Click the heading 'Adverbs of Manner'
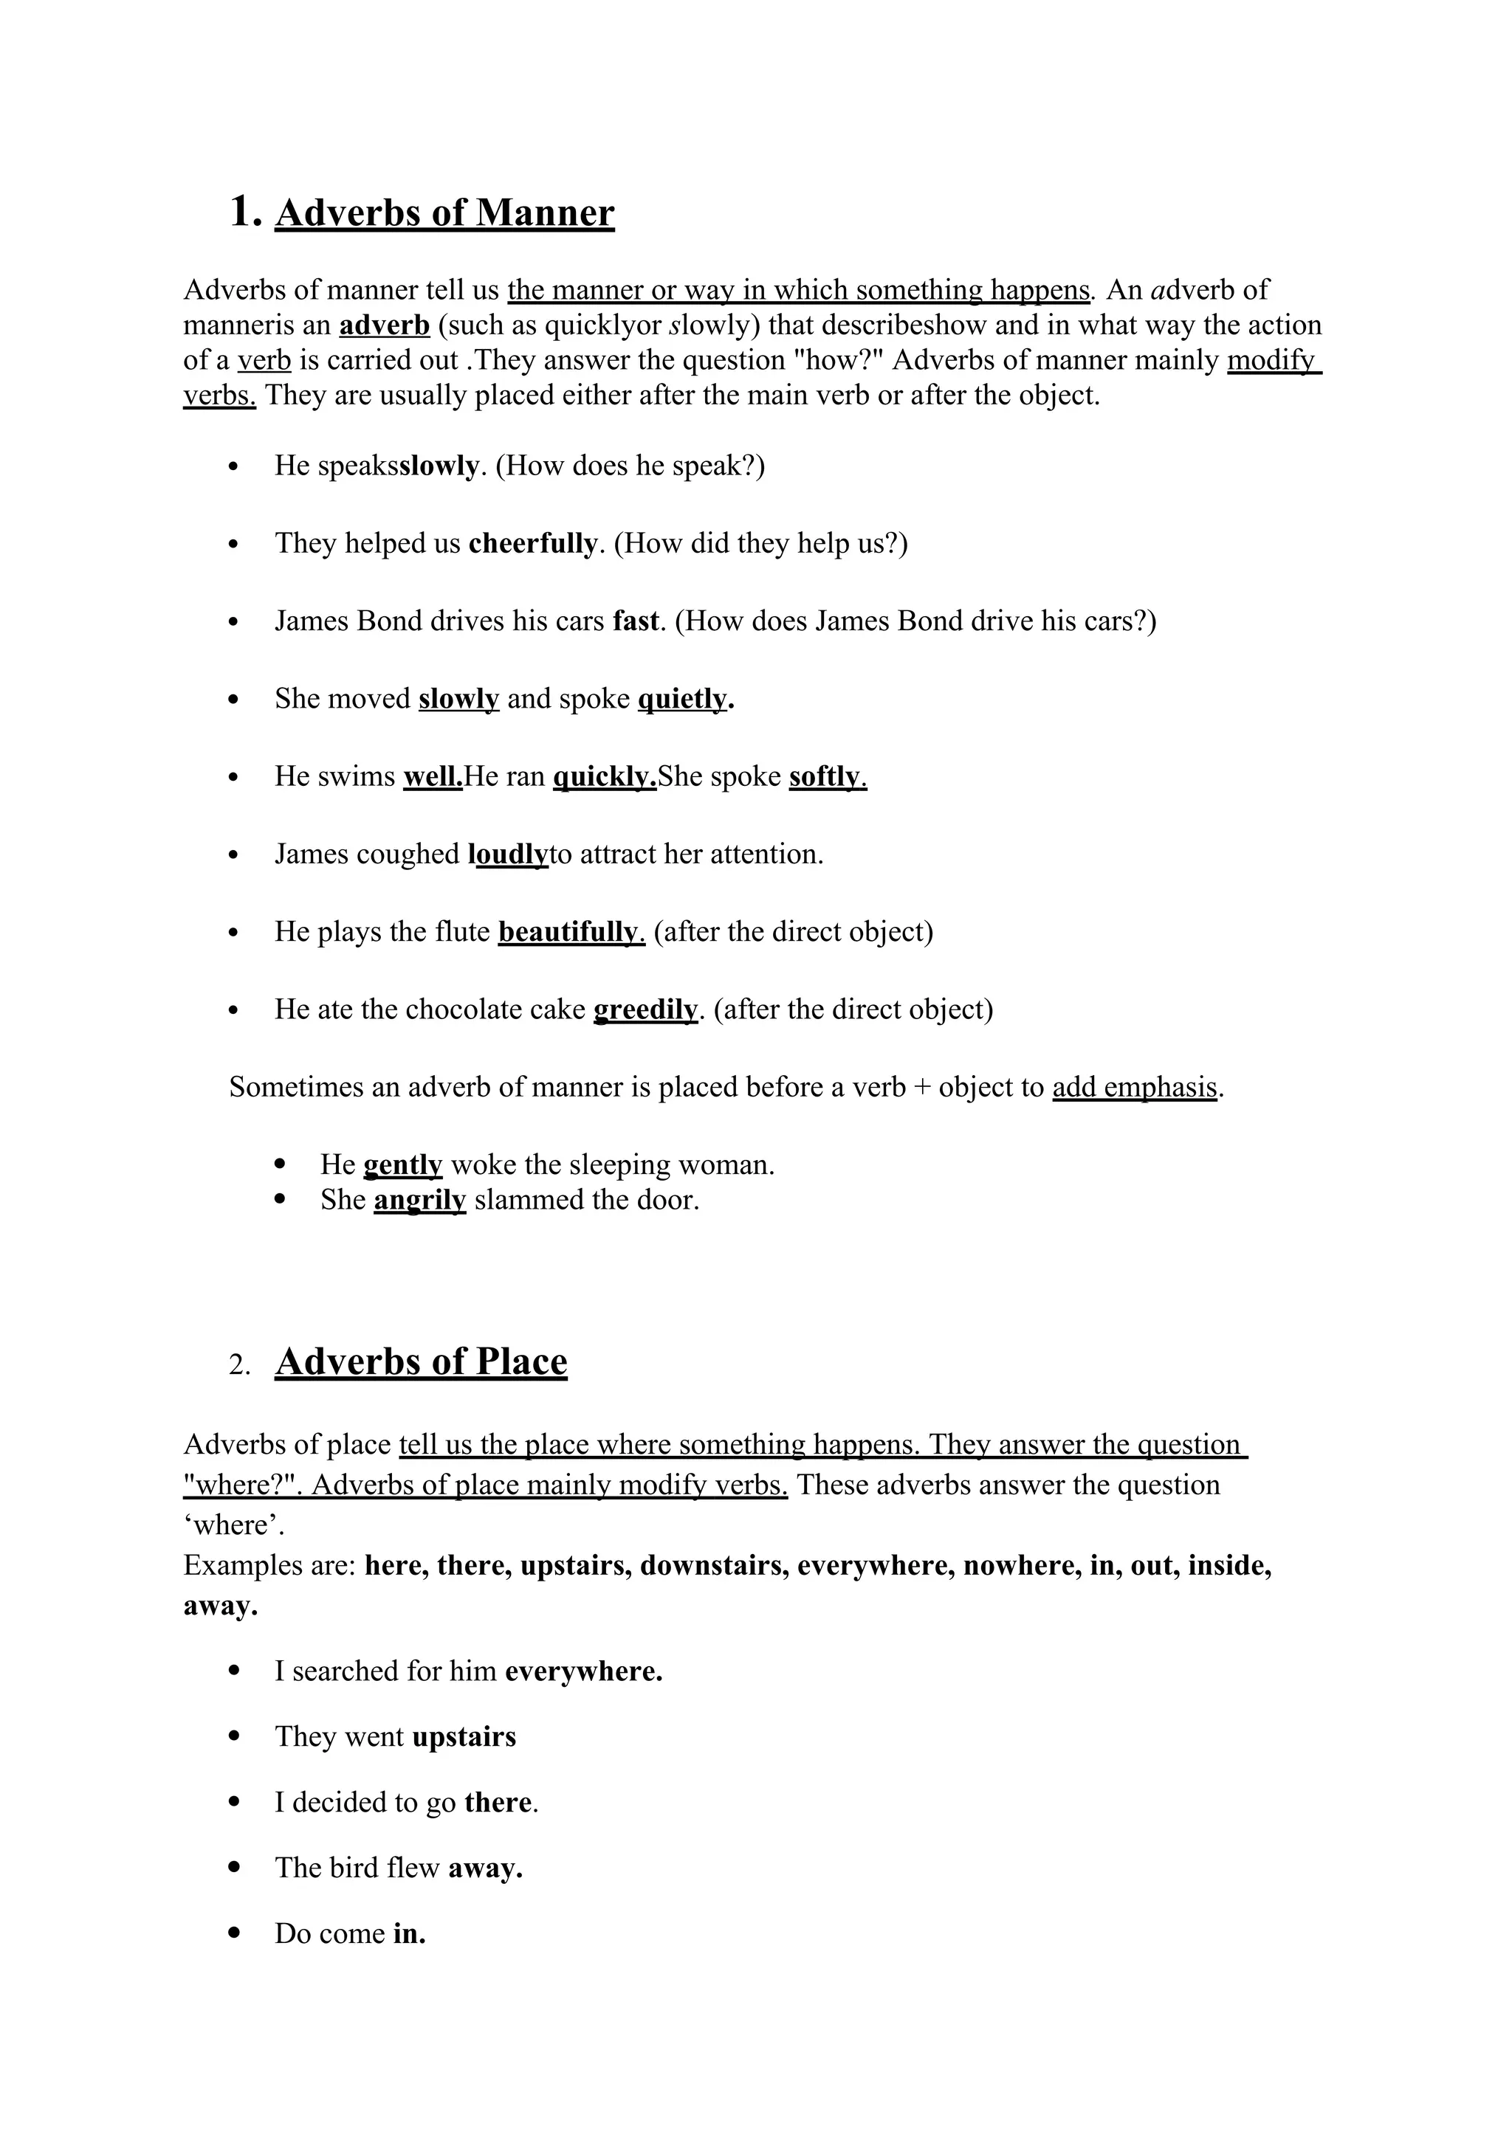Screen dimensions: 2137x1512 (x=444, y=213)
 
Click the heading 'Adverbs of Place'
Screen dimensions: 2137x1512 (x=421, y=1361)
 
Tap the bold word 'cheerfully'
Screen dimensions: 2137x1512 (x=532, y=544)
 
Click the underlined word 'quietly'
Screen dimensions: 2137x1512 (x=684, y=699)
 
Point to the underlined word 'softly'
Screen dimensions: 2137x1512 (x=827, y=776)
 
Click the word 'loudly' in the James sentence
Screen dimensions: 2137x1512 (x=509, y=855)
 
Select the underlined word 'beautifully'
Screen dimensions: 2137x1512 (x=571, y=932)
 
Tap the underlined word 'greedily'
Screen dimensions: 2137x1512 (x=645, y=1010)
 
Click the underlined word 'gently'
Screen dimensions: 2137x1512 (x=402, y=1165)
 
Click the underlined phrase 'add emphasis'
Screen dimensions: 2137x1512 (x=1135, y=1087)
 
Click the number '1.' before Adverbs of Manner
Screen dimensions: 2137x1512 (x=244, y=213)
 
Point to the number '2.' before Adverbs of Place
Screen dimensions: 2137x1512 (x=239, y=1365)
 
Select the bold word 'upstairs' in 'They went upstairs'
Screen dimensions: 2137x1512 (x=464, y=1738)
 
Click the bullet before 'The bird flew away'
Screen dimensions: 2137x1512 (x=235, y=1867)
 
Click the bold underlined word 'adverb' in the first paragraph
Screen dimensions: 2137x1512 (x=384, y=325)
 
